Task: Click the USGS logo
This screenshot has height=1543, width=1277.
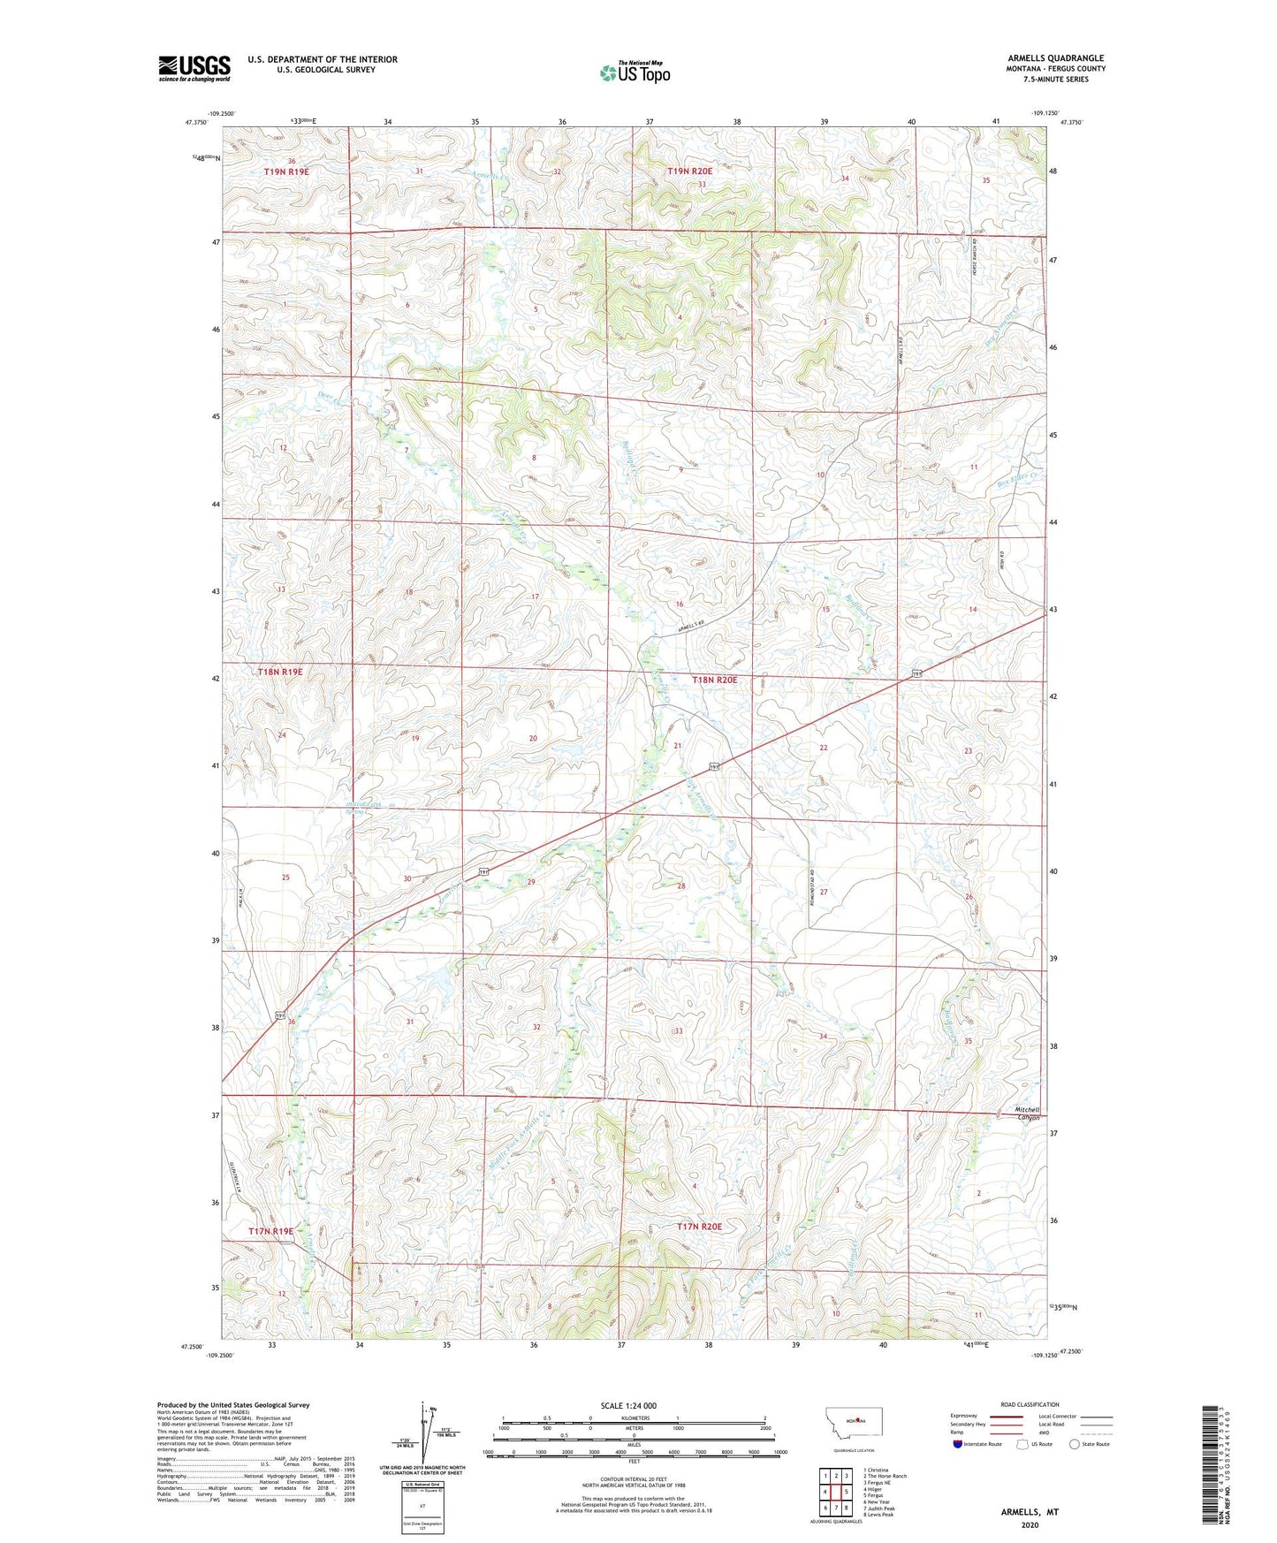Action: point(194,67)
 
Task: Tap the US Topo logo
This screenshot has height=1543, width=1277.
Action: point(635,72)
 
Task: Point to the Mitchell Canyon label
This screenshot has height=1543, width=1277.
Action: point(1027,1114)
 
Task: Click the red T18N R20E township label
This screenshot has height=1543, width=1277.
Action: point(714,680)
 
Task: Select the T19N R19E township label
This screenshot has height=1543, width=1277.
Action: point(286,171)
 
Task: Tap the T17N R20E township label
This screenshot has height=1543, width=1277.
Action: point(699,1227)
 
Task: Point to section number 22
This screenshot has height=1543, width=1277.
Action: point(824,748)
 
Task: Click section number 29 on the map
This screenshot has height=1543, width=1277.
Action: point(531,882)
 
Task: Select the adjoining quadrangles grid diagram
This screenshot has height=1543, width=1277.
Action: point(835,1489)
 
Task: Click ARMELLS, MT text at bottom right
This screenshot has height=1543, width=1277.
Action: point(1030,1512)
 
